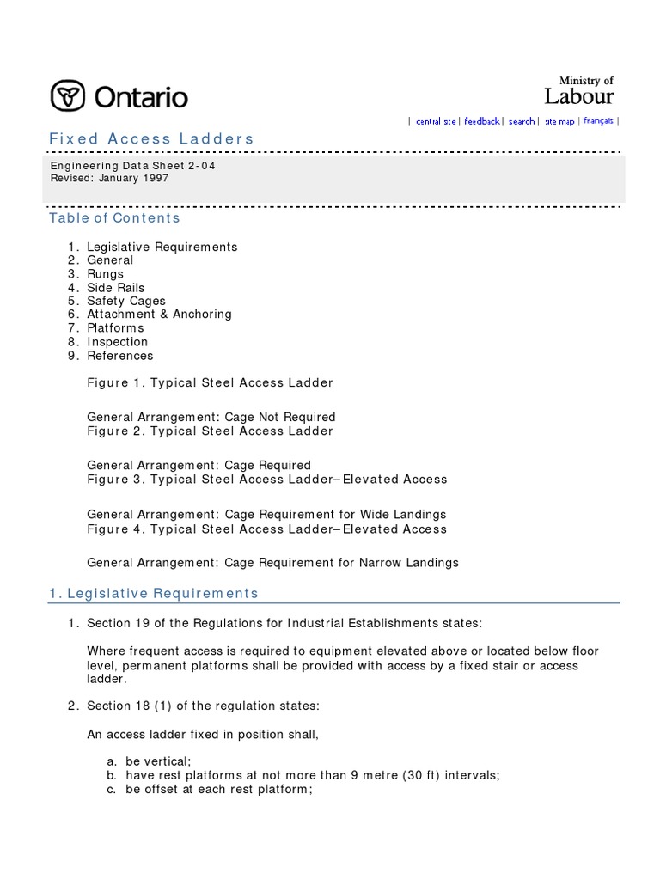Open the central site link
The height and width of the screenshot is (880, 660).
click(436, 122)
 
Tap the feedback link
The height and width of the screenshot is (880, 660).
click(482, 122)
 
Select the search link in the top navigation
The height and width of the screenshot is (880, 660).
click(521, 122)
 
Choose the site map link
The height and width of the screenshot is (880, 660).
click(559, 122)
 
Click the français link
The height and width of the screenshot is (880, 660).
click(598, 121)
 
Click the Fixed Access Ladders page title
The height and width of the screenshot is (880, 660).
click(151, 139)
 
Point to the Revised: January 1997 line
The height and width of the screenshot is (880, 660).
click(108, 179)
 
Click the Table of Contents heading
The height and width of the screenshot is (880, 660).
click(114, 218)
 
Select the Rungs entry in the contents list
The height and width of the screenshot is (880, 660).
click(105, 274)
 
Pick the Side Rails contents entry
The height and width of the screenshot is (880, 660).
click(115, 288)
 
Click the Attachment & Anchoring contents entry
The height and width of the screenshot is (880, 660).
click(159, 315)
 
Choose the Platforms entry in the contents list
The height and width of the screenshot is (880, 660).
click(115, 328)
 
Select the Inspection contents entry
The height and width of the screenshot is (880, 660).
click(117, 342)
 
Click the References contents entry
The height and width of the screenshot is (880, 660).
click(119, 356)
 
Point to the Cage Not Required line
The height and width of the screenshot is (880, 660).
click(211, 418)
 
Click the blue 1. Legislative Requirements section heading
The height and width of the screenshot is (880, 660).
click(153, 594)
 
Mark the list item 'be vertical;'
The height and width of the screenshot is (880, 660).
click(158, 761)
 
